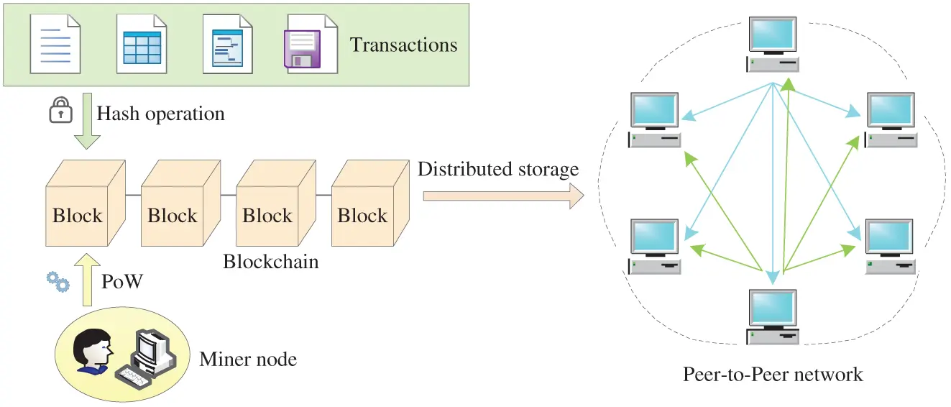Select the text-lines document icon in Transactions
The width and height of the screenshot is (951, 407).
click(x=55, y=44)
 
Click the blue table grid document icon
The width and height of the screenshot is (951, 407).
click(x=142, y=44)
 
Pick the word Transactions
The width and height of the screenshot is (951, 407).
click(x=403, y=45)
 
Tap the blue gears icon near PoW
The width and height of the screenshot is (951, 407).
click(x=58, y=283)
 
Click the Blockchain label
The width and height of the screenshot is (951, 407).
click(x=270, y=261)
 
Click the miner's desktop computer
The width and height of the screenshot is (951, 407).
click(x=150, y=352)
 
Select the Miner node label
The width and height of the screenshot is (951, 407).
click(x=248, y=358)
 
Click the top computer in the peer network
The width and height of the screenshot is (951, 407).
click(x=773, y=43)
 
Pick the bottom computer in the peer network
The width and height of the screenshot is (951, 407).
click(x=773, y=316)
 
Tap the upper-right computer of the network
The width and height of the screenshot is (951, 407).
click(x=891, y=119)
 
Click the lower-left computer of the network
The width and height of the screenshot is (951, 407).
click(x=654, y=246)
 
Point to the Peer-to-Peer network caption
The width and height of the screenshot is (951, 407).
click(x=773, y=374)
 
